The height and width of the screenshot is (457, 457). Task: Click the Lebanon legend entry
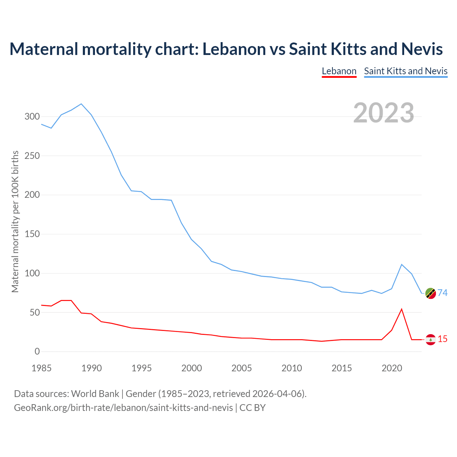[339, 71]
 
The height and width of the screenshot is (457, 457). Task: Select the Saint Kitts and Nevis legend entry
[406, 71]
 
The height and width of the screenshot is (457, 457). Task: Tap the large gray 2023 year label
[384, 113]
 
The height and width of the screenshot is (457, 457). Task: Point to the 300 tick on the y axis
[32, 117]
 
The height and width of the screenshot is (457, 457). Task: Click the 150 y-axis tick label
[32, 234]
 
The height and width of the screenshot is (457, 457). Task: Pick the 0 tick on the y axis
[37, 352]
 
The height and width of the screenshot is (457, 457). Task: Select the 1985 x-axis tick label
[41, 368]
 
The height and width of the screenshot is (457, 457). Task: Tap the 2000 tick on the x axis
[192, 368]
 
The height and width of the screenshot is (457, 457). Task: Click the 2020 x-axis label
[392, 368]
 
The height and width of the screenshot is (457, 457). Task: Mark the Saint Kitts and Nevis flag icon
[431, 293]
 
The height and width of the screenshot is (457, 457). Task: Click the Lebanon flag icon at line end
[431, 340]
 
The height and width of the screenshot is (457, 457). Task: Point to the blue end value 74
[443, 293]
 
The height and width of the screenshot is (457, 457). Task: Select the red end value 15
[443, 339]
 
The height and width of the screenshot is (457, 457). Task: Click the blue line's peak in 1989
[81, 104]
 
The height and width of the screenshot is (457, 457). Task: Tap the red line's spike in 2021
[402, 309]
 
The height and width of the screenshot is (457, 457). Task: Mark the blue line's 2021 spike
[402, 265]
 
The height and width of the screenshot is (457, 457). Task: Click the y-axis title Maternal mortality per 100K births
[15, 221]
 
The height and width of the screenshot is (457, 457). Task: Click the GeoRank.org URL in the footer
[123, 408]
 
